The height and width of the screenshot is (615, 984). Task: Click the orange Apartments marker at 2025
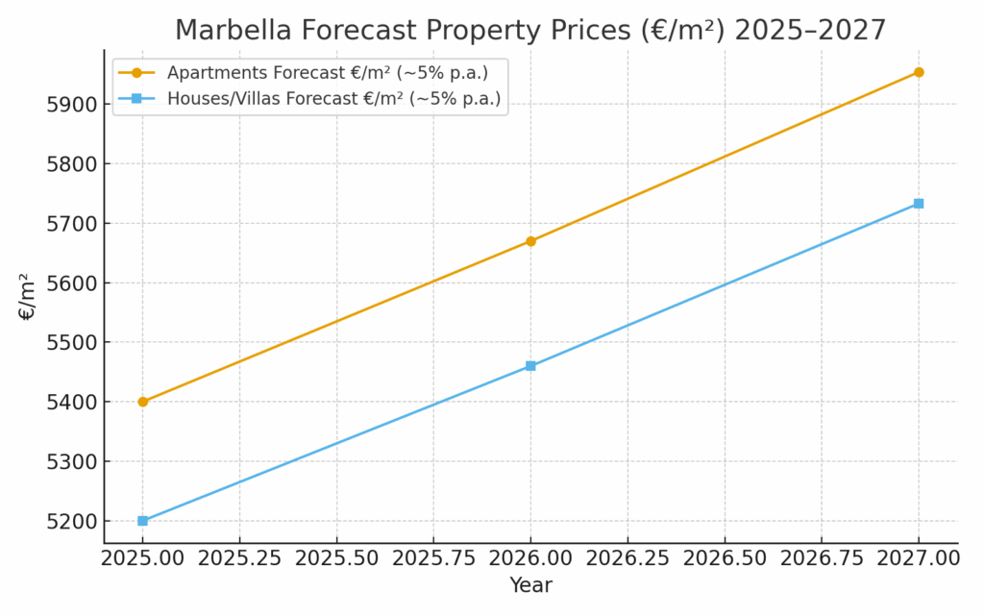143,402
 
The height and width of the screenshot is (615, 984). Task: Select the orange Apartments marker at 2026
530,241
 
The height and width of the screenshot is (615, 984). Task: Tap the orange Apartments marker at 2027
919,72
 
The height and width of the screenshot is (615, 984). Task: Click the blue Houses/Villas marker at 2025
143,521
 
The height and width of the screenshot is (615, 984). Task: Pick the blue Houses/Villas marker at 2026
530,366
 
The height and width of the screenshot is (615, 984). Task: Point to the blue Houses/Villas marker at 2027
919,204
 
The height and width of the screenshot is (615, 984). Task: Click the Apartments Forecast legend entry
327,73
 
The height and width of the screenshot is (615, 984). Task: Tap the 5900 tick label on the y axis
71,105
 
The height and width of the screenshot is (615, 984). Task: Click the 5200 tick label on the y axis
71,522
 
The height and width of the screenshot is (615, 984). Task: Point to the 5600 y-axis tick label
71,283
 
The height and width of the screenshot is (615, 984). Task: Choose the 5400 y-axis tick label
71,403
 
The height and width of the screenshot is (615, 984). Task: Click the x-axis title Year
530,585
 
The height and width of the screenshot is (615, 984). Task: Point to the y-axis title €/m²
27,297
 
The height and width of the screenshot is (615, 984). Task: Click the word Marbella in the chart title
231,31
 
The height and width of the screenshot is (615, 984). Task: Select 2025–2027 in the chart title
809,31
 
